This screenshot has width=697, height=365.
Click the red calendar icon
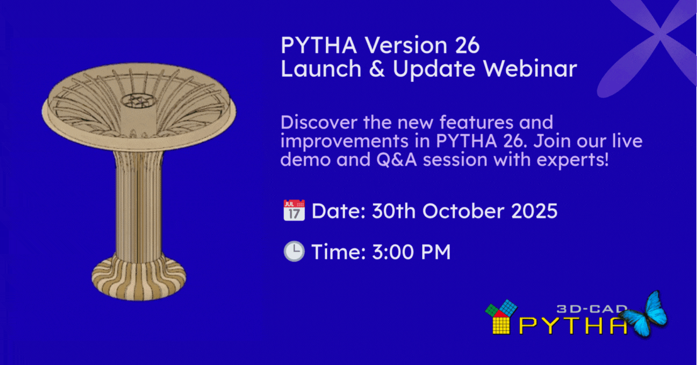294,211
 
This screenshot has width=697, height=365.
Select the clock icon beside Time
294,252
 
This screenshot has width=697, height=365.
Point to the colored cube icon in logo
500,317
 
